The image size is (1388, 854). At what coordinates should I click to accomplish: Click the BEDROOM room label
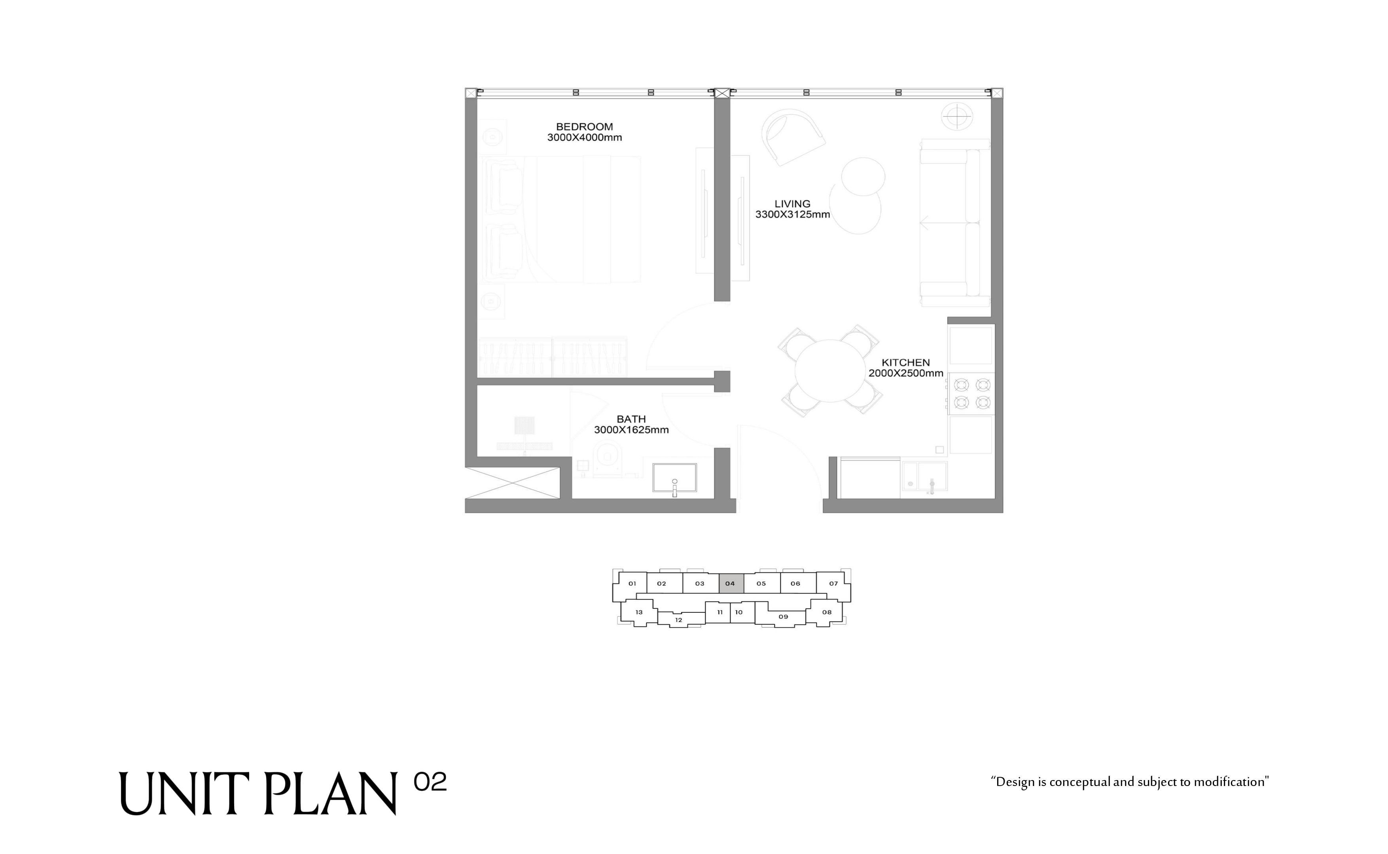click(584, 127)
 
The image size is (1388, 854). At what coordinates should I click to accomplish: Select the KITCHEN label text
click(905, 362)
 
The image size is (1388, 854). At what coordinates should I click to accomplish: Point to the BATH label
click(631, 419)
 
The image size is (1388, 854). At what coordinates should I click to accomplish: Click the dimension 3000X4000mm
click(584, 137)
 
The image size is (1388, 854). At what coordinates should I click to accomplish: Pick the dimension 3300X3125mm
click(792, 214)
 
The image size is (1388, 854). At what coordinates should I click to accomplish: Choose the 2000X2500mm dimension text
click(905, 373)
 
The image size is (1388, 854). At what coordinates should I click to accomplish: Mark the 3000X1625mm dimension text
click(631, 429)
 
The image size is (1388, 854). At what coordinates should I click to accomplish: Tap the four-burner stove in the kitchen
click(971, 394)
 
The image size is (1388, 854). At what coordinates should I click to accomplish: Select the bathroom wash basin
click(674, 478)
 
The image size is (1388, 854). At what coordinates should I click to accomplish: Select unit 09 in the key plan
click(782, 616)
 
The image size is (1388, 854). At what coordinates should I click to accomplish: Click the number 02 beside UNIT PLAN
click(430, 782)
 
